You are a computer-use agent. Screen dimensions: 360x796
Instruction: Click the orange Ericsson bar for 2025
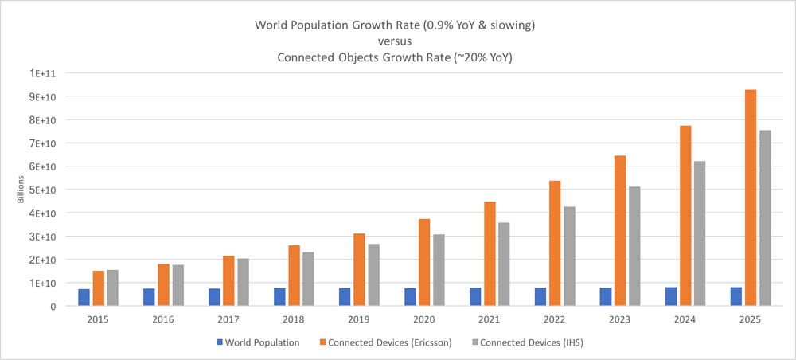tap(751, 198)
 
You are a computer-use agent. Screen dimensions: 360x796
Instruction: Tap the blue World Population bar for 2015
tap(84, 297)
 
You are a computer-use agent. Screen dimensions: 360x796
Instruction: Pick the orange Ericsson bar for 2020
tap(425, 262)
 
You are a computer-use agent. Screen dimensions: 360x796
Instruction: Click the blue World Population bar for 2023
tap(606, 296)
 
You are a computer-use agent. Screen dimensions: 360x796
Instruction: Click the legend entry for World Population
tap(260, 343)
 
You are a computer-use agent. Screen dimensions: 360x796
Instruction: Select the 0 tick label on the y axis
tap(53, 306)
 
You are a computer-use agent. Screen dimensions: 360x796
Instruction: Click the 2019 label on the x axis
tap(359, 319)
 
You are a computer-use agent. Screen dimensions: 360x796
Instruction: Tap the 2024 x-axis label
tap(685, 319)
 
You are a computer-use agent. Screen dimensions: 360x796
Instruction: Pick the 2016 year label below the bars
tap(163, 319)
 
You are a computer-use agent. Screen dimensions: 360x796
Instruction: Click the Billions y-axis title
tap(22, 190)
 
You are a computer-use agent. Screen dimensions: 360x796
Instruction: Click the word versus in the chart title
tap(395, 41)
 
